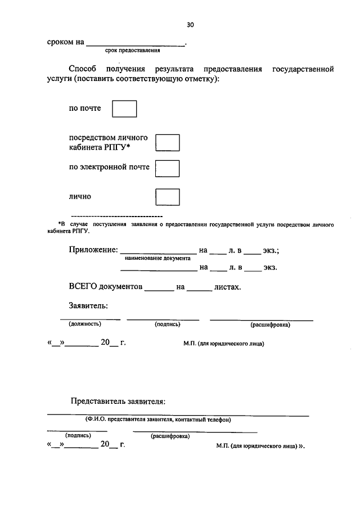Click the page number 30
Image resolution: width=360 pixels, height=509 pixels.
tap(190, 25)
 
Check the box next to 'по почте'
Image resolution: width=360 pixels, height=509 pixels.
tap(124, 109)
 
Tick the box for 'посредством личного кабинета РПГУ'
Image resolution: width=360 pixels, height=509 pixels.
tap(167, 143)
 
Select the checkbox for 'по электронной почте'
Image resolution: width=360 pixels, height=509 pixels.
tap(167, 169)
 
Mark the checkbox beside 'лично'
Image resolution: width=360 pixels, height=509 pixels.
tap(167, 197)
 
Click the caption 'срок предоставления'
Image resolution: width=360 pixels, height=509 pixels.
tap(137, 51)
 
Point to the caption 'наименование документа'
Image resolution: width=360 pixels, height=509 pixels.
tap(157, 258)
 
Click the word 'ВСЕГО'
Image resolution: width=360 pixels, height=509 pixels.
tap(82, 287)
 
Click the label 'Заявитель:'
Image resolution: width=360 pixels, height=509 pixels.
tap(88, 306)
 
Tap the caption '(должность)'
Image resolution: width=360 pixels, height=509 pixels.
tap(84, 325)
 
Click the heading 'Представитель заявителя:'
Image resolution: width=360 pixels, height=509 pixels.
tap(118, 402)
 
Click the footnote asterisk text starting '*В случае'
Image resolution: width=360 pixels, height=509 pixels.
tap(191, 227)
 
